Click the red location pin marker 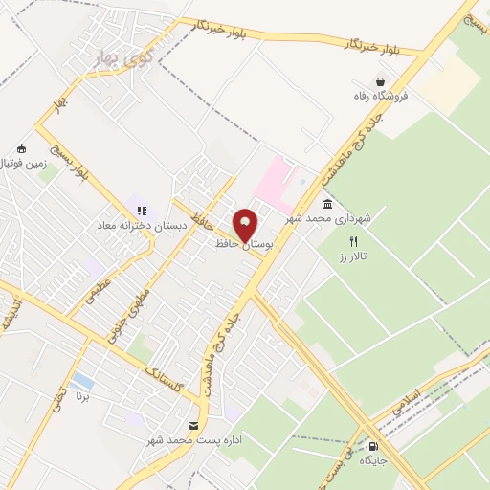point(245,225)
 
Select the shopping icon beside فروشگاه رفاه point(382,81)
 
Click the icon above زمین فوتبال point(22,149)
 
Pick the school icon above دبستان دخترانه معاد point(142,211)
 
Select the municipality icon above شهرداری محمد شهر point(328,205)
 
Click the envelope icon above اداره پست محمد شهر point(194,425)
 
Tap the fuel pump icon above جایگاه point(372,445)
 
